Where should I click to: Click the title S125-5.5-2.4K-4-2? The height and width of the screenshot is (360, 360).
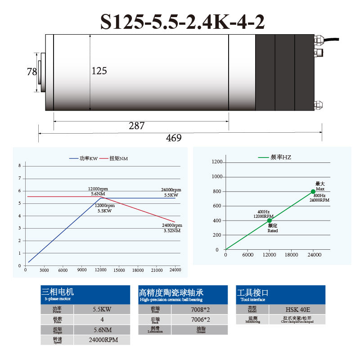(x=182, y=21)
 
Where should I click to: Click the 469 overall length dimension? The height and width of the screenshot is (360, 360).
(x=174, y=138)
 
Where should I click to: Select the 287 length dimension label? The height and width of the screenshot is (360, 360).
(x=136, y=126)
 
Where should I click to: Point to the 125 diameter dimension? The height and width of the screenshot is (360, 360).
(x=99, y=71)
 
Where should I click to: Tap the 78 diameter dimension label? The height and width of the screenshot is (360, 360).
(x=31, y=72)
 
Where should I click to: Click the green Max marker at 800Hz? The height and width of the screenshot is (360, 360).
(x=313, y=191)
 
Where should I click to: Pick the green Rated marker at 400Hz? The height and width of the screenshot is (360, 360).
(x=269, y=220)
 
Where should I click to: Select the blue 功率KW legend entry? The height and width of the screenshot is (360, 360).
(x=84, y=158)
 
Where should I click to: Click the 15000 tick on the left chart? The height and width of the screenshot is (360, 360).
(x=119, y=270)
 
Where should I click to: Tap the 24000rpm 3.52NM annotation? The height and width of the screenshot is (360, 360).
(x=172, y=228)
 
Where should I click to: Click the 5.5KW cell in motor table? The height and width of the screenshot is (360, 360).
(x=102, y=310)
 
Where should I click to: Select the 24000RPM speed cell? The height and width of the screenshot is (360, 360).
(x=102, y=340)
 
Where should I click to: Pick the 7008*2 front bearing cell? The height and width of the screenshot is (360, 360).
(x=200, y=310)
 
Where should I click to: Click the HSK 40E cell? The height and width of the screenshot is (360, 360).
(x=297, y=310)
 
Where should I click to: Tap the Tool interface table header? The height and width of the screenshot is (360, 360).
(x=280, y=295)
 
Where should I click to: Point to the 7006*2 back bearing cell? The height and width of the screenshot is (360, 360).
(x=200, y=319)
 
